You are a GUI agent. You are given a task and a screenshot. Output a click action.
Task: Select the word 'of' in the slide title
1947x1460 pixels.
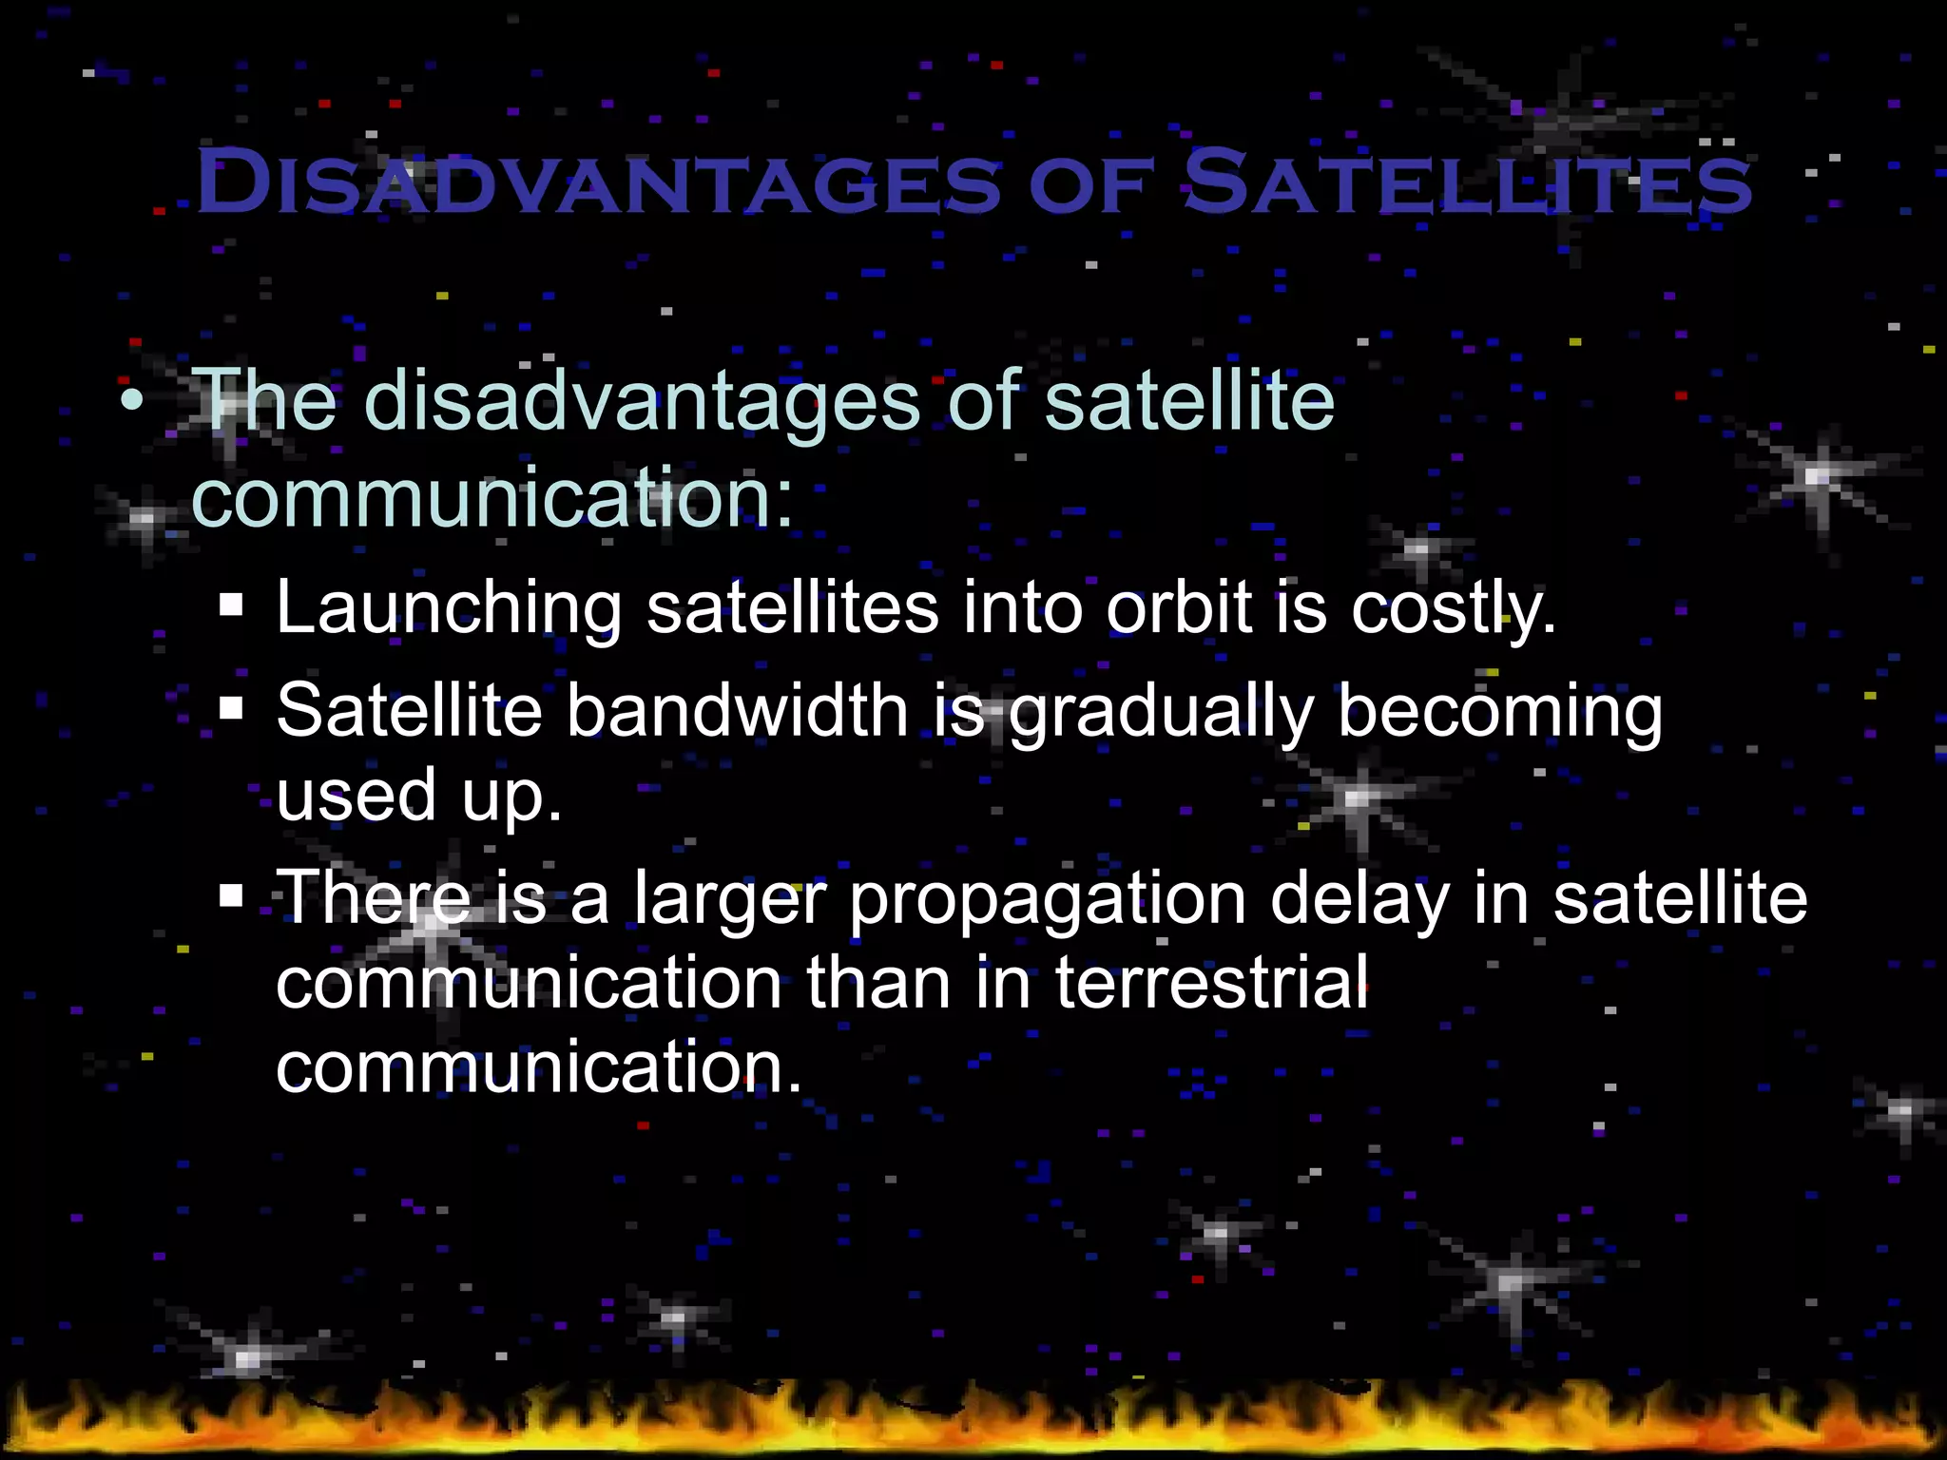click(1092, 184)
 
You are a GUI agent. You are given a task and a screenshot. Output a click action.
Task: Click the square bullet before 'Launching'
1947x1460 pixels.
click(231, 605)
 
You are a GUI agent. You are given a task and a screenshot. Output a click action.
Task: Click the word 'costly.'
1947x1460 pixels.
click(1454, 608)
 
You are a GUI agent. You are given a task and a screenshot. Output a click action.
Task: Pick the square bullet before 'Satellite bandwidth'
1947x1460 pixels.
click(231, 708)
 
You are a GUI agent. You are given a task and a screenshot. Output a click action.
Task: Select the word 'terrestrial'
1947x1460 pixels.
click(1212, 982)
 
